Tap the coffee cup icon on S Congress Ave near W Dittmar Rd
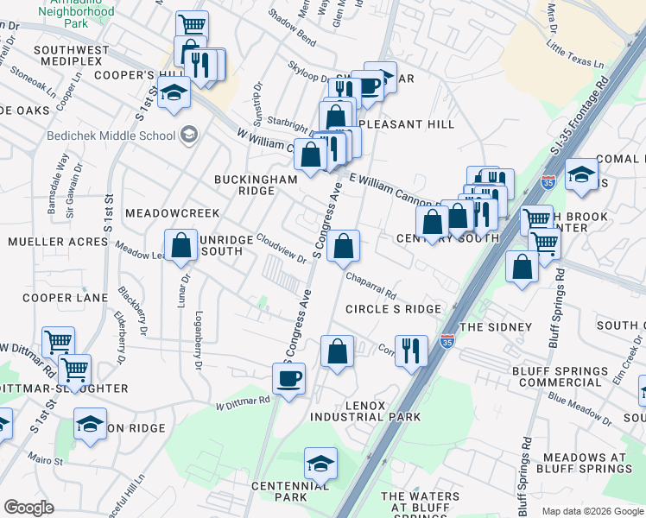click(290, 377)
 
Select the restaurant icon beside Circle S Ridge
click(411, 351)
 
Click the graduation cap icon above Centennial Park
click(320, 464)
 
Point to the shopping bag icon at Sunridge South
click(181, 245)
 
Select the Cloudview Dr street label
click(281, 251)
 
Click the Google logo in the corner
click(29, 507)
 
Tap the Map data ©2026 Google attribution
click(592, 511)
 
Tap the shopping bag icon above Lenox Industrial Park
click(337, 352)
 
